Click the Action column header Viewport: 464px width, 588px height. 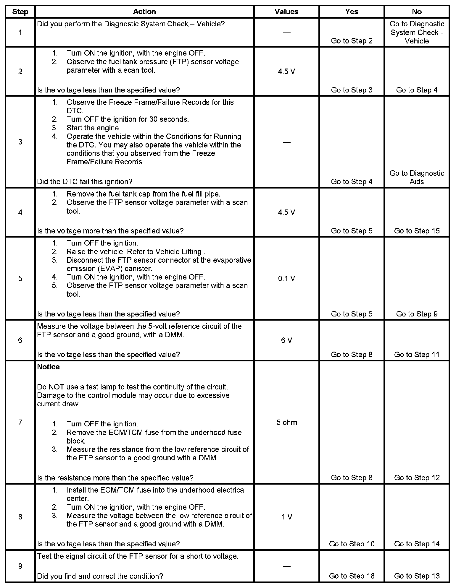click(144, 12)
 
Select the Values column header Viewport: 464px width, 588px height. click(286, 12)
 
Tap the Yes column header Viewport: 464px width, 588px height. click(352, 12)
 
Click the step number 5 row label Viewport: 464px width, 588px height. click(20, 278)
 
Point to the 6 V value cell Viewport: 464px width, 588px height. click(286, 340)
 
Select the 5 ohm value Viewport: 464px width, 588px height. click(286, 422)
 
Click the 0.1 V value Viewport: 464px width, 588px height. click(286, 278)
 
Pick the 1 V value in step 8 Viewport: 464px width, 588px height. click(286, 517)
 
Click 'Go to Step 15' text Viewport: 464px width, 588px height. click(417, 231)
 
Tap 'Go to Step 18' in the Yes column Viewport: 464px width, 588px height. click(352, 576)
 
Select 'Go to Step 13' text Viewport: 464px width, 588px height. click(417, 576)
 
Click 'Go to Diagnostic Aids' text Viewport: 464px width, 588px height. click(417, 177)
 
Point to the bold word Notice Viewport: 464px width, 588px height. click(48, 367)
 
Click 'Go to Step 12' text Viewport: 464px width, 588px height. click(417, 478)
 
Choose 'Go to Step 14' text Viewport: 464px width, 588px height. click(417, 544)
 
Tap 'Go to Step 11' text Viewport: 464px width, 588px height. click(417, 355)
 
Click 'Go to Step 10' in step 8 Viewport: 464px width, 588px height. click(352, 544)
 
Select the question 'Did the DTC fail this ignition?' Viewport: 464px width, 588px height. click(85, 181)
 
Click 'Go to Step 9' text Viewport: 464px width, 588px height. click(417, 314)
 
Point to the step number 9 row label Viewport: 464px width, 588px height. click(20, 566)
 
